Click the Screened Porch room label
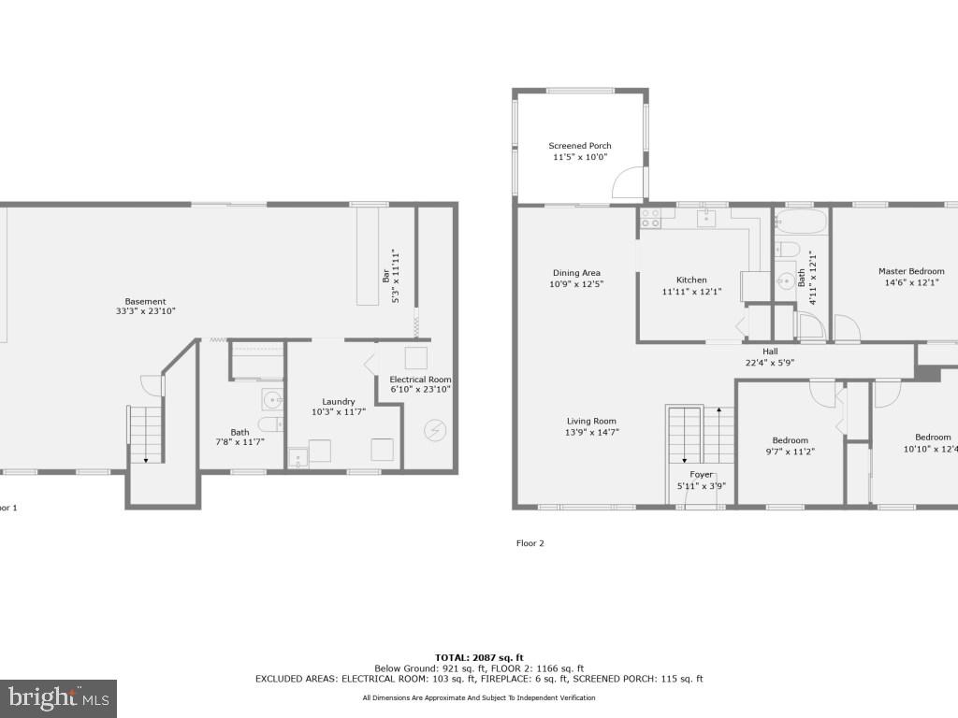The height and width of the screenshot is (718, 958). click(580, 146)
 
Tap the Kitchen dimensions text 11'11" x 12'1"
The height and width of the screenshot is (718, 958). click(691, 292)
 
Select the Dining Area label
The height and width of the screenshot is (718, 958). click(576, 273)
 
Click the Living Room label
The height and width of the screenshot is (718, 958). click(591, 421)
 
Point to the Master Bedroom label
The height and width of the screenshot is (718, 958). click(910, 271)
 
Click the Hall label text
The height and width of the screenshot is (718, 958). click(769, 352)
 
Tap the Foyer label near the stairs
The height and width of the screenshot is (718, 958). click(701, 475)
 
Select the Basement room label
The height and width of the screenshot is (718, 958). click(140, 301)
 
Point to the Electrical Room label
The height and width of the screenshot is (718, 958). click(420, 379)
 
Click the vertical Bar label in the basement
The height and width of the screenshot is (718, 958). click(385, 277)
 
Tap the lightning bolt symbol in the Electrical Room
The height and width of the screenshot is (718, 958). click(436, 430)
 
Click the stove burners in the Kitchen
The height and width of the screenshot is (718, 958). click(650, 219)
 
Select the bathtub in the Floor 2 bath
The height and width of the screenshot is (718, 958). click(802, 223)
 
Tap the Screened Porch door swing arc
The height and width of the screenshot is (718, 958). click(626, 183)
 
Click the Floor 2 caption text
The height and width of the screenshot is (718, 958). click(530, 543)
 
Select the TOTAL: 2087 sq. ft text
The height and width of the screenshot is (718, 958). click(478, 657)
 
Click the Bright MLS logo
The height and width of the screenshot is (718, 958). click(58, 697)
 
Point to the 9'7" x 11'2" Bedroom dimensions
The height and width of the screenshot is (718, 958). click(790, 451)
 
